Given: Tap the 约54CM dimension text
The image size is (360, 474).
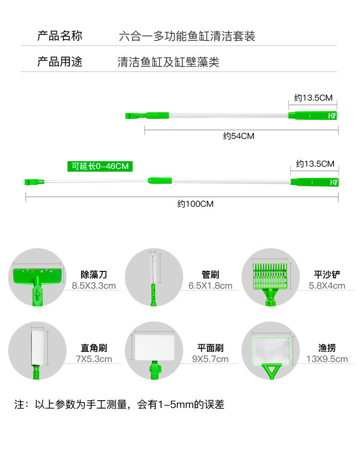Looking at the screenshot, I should pos(238,136).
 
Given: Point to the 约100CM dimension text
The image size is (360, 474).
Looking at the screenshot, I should pos(195,204).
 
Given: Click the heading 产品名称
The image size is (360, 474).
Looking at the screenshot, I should pos(60,36).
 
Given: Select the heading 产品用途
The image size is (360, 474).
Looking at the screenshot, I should pos(60,61).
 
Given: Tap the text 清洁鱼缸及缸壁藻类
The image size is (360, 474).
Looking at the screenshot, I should pos(168,62).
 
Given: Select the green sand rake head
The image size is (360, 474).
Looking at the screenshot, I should pos(270,274).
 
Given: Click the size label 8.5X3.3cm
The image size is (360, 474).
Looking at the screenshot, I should pos(93,286).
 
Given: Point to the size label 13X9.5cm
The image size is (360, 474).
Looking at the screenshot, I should pos(327,359).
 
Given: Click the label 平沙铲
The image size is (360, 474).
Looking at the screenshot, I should pos(327,275).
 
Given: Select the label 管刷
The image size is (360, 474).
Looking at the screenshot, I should pos(210,275).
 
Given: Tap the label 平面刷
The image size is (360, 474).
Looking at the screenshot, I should pos(210,348).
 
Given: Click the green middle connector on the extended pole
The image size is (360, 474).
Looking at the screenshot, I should pos(159,180).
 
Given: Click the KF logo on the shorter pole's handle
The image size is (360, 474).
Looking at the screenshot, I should pos(332,116).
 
